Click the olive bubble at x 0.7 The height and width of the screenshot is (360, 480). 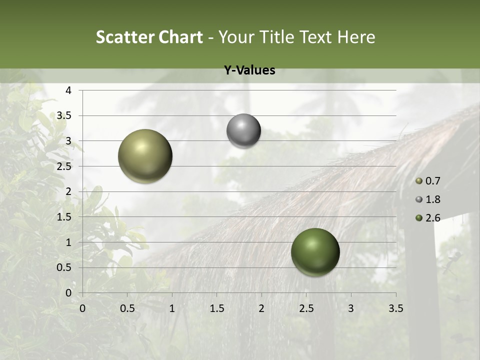(x=145, y=156)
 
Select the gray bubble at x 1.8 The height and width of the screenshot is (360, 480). (x=243, y=131)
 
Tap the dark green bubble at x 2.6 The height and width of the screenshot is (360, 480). (x=315, y=252)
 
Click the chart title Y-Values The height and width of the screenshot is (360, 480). (x=249, y=70)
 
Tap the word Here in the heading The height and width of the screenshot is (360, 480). (x=355, y=37)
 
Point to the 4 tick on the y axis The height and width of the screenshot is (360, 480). (x=68, y=90)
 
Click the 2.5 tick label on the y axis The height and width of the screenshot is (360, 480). (x=64, y=166)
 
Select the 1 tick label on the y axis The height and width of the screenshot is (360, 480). (x=68, y=242)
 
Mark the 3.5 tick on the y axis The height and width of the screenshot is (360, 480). (x=64, y=116)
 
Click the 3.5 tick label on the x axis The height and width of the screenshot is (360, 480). (x=395, y=308)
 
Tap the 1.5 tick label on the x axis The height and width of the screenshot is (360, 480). (x=216, y=308)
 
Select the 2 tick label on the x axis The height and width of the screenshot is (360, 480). (x=261, y=308)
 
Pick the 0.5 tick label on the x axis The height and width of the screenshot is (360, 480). (x=127, y=308)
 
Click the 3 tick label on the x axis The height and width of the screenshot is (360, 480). (x=350, y=308)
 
